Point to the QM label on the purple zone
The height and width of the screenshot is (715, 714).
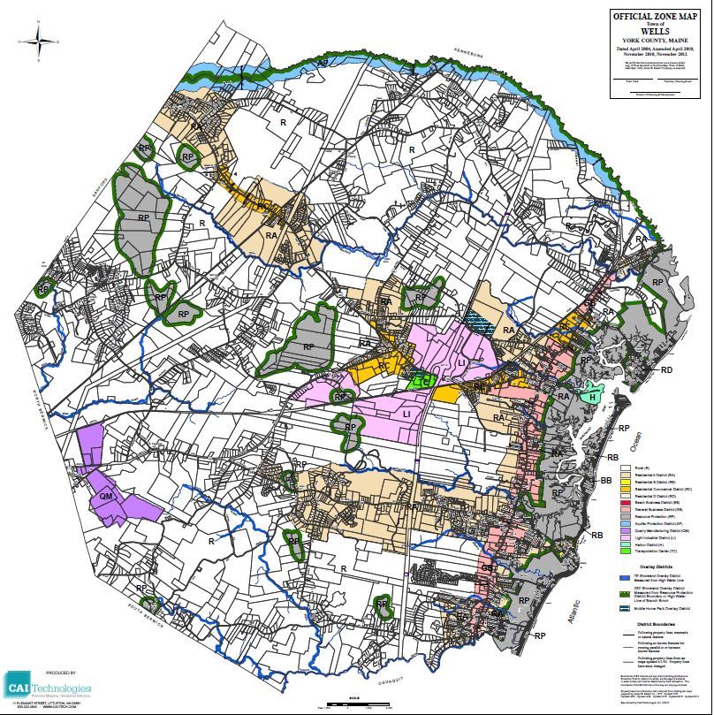107,498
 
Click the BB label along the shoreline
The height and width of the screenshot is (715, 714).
606,480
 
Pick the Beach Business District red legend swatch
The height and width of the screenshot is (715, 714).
627,501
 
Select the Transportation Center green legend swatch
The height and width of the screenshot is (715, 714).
627,551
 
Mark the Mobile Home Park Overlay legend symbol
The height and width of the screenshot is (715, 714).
627,608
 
